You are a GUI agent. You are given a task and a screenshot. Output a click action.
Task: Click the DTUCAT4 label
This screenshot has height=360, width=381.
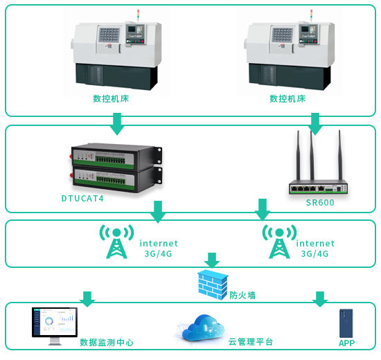click(x=82, y=199)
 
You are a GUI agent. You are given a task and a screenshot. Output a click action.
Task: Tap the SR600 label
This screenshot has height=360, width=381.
click(x=320, y=202)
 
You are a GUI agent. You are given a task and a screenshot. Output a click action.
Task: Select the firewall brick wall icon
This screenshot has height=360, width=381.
click(x=213, y=285)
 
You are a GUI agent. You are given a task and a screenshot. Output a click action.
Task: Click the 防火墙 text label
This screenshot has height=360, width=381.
click(x=242, y=296)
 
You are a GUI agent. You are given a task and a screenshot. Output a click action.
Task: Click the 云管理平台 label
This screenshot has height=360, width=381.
click(x=250, y=342)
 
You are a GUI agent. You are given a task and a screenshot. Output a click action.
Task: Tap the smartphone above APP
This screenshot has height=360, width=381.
click(x=346, y=323)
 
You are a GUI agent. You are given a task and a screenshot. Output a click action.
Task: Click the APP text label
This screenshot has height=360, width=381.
click(x=346, y=343)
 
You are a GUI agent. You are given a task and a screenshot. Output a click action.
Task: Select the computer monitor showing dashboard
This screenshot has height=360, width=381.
click(x=55, y=325)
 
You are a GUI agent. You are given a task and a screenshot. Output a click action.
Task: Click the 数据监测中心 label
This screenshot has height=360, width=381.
click(x=107, y=342)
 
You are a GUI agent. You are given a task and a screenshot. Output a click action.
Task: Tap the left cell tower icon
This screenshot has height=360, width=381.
click(x=116, y=242)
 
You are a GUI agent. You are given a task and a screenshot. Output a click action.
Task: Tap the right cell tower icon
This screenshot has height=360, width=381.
click(x=279, y=242)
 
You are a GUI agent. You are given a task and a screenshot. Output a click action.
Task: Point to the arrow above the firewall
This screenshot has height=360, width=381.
click(x=212, y=260)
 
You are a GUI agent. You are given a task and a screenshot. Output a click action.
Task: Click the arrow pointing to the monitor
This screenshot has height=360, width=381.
click(x=87, y=299)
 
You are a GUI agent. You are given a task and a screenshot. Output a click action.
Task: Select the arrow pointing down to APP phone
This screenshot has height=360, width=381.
click(x=320, y=299)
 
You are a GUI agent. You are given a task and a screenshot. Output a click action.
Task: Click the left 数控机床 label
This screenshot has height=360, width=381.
click(x=111, y=98)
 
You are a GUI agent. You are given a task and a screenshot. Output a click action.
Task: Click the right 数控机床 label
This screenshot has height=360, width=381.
click(x=287, y=98)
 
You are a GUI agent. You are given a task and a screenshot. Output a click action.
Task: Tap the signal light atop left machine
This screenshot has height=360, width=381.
click(x=138, y=15)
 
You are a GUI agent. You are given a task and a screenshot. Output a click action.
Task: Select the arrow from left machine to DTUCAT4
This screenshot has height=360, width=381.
click(x=117, y=124)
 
